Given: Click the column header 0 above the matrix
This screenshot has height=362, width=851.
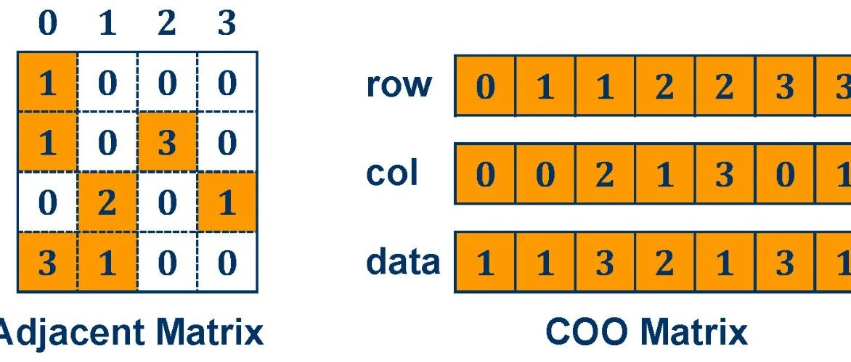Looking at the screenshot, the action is pos(47,25).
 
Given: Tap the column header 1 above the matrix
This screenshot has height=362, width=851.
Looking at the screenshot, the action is pos(107,25).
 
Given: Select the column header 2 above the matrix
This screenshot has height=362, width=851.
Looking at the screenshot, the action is pos(166,25).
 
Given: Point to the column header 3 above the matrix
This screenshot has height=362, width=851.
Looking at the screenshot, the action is pos(227,25).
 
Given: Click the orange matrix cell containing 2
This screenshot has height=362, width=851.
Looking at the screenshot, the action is pos(107,202).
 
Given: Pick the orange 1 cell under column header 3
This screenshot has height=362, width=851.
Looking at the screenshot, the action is pos(227,202).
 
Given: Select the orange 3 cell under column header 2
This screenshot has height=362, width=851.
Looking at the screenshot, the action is pos(167,143).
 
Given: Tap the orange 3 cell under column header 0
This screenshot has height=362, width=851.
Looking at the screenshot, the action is pos(48,263).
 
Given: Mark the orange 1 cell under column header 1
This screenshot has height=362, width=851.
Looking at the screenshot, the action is pos(107,263).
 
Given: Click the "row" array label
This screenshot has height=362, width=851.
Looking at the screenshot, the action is pos(399,85).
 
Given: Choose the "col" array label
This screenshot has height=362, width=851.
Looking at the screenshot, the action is pos(392,173).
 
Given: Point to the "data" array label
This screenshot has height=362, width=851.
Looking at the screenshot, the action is pos(403,262).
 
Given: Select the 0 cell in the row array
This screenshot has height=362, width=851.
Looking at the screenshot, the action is pos(485,86).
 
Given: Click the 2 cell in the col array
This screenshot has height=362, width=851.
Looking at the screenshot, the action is pos(605,174).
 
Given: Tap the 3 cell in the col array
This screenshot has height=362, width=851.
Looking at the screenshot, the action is pos(725,174).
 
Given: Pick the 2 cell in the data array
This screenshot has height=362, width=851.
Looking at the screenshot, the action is pos(665,263).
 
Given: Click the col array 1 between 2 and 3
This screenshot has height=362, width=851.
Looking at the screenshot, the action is pos(665,174).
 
